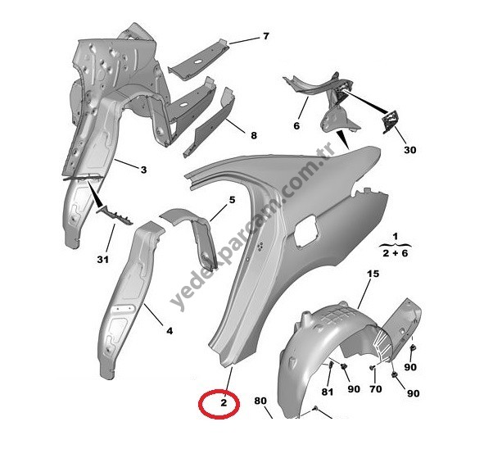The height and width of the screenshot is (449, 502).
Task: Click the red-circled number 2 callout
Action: coord(224,402)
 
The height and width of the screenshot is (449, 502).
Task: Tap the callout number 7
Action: coord(266,36)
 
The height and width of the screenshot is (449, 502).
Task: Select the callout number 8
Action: coord(254,135)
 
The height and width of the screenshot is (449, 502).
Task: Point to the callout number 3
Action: coord(143,170)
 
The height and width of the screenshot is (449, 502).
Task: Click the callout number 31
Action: coord(102,260)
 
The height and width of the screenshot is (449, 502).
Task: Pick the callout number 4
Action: coord(170,331)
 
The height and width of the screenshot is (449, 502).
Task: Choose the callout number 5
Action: coord(232,200)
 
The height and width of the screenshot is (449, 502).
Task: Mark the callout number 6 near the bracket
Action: coord(296,126)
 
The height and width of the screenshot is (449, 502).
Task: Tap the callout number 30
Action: coord(409,150)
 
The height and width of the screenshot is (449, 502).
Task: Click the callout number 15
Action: coord(373,274)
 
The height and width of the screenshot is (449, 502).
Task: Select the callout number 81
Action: coord(328,392)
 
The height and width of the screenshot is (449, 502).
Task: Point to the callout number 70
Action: coord(376,389)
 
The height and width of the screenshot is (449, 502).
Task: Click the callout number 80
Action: coord(260,401)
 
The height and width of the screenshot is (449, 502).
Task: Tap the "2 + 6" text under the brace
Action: coord(396,253)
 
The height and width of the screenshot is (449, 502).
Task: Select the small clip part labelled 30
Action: coord(391,120)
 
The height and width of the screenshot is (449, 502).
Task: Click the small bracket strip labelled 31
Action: coord(115,215)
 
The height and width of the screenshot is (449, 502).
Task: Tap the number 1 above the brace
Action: coord(396,237)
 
